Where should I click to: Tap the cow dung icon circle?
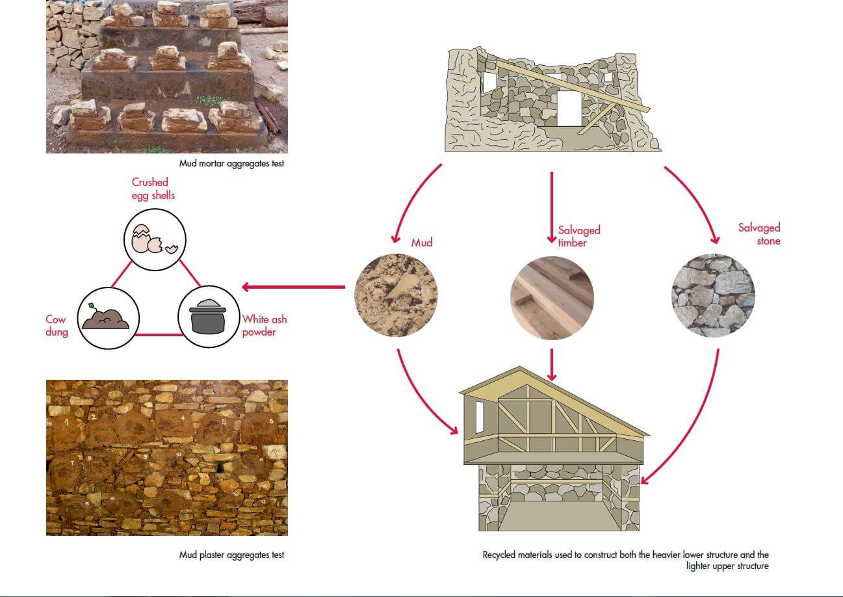pos(108,317)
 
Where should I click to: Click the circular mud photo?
pos(396,296)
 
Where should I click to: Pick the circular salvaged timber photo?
pos(552,296)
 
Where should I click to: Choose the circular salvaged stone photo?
pos(713,296)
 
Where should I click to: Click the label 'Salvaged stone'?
pos(759,234)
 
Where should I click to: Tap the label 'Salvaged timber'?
pos(578,236)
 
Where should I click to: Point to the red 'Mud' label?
pos(421,243)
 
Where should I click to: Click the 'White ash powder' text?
pos(264,325)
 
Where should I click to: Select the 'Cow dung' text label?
pos(57,325)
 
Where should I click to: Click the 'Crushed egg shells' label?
pos(153,189)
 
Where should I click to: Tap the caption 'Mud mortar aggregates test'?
pos(231,164)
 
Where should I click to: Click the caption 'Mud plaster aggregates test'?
pos(231,555)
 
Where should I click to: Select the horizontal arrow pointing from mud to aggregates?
pos(292,287)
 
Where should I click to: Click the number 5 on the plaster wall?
pos(224,421)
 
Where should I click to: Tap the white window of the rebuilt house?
pos(480,418)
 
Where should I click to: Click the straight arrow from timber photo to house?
pos(552,364)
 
